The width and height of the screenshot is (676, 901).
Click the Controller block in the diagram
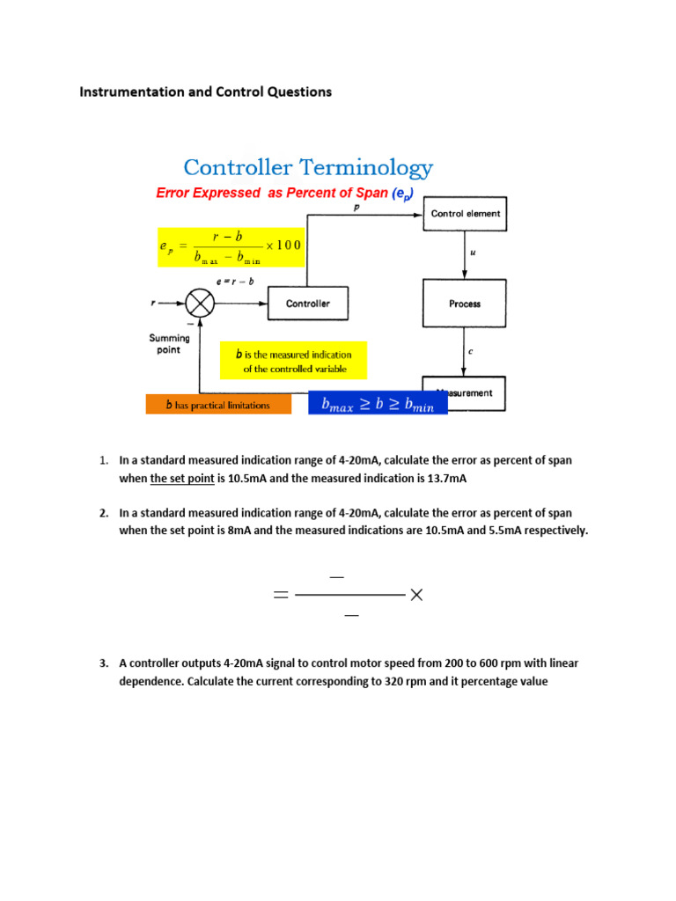[x=308, y=304]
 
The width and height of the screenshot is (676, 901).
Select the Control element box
[x=466, y=213]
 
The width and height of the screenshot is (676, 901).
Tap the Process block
[x=465, y=304]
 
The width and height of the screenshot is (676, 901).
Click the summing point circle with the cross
[x=201, y=304]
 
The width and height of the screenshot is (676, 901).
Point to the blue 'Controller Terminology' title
[x=307, y=167]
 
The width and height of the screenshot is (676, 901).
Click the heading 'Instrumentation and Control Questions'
[x=206, y=92]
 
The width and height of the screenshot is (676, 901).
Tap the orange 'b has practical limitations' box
[x=218, y=405]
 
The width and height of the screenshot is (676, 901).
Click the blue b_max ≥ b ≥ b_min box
[x=378, y=405]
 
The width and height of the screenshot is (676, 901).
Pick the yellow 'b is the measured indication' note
[x=294, y=361]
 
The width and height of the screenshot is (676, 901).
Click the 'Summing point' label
[x=164, y=343]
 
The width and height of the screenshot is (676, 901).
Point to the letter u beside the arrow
[x=473, y=253]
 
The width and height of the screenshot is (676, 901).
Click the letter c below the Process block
[x=470, y=351]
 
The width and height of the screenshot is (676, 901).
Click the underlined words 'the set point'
[x=182, y=479]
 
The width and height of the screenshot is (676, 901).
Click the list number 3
[x=103, y=663]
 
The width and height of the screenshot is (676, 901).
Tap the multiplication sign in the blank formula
[x=416, y=596]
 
